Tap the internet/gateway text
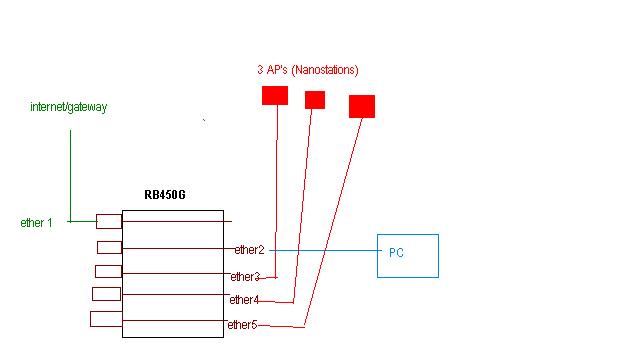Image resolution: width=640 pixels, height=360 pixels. point(69,106)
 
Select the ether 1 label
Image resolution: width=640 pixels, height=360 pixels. point(36,222)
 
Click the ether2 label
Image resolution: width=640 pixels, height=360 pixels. point(249,249)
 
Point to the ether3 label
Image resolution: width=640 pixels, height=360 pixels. point(245,277)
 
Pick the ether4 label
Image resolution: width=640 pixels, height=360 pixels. point(244,300)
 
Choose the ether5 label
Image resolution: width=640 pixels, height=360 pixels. point(242,324)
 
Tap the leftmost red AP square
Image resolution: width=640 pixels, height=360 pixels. point(274,95)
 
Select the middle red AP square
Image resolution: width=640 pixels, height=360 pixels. point(315,99)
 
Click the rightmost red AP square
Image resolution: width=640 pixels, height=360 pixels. point(362,106)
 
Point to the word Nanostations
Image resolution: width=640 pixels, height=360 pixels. point(327,70)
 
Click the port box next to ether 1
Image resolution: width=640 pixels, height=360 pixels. point(108,221)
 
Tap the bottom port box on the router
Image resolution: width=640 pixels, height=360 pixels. point(105,319)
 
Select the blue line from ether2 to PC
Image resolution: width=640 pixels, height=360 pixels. point(320,249)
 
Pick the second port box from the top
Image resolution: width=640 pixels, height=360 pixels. point(109,247)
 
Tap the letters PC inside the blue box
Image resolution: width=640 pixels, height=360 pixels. point(396,254)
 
